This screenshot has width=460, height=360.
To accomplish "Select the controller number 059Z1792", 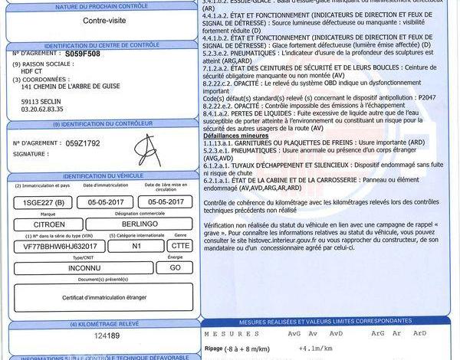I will coord(84,142).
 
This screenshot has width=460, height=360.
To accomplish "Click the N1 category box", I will coord(136,246).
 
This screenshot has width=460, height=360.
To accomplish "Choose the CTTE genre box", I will coord(181,246).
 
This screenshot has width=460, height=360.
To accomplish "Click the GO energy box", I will coord(175,268).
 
